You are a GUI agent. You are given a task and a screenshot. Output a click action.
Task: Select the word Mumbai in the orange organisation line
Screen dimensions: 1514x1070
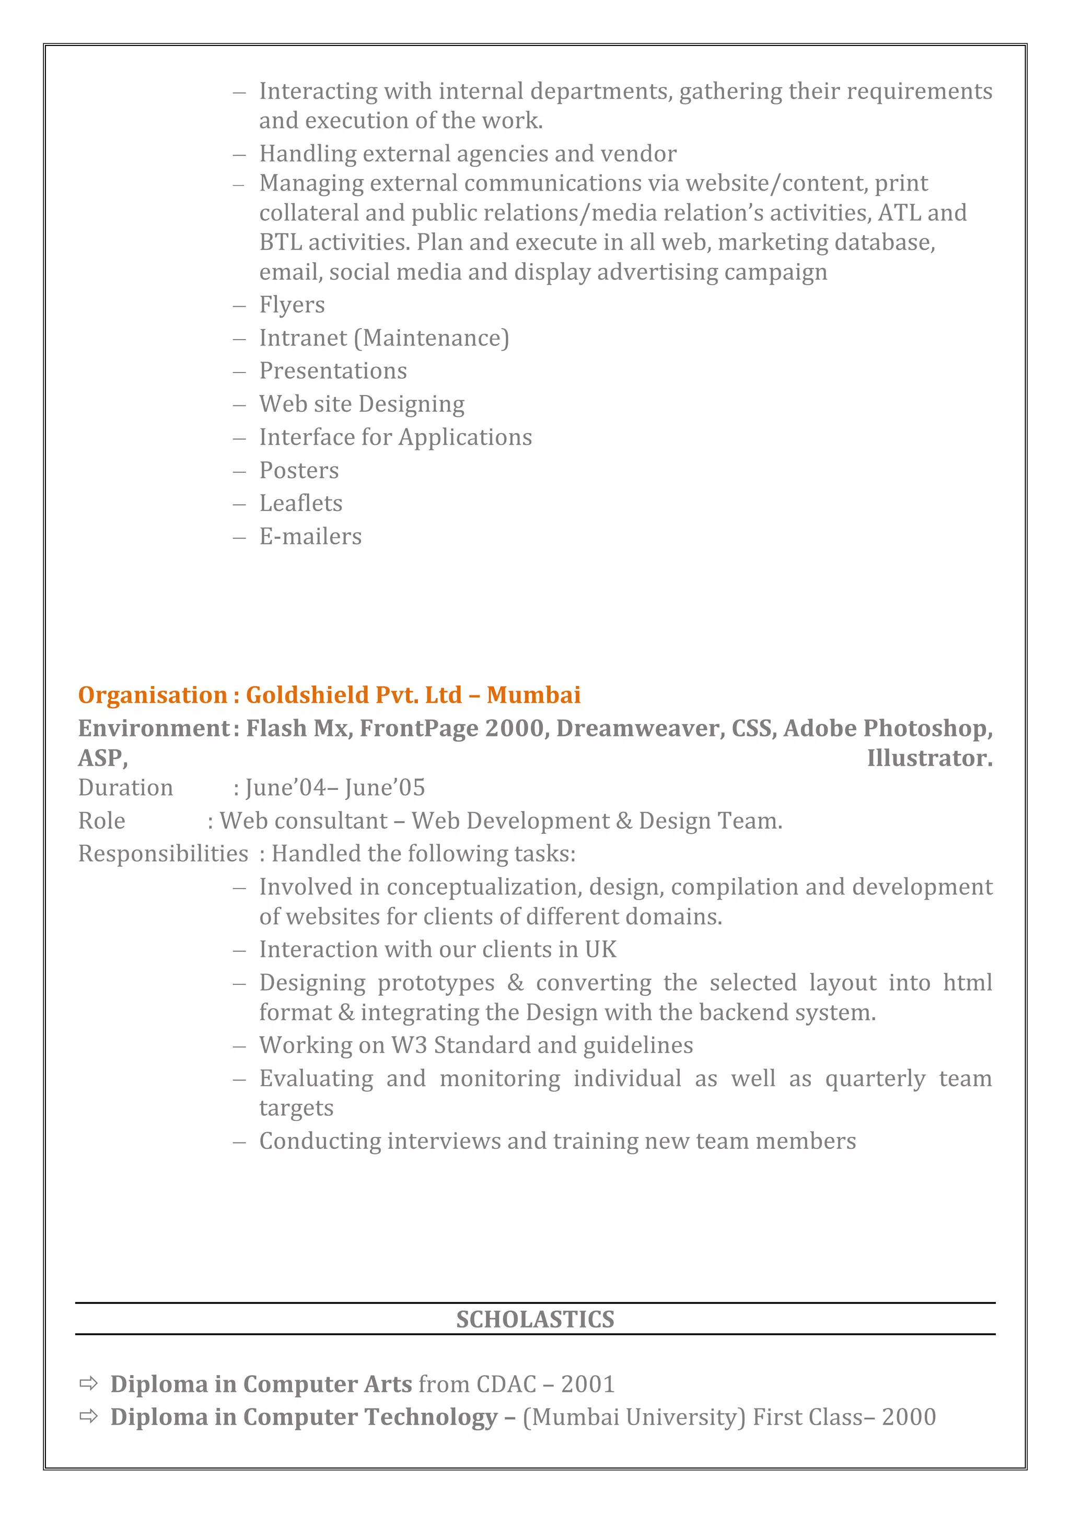pos(533,695)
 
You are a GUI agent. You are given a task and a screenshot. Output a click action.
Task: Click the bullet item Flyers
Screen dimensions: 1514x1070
pos(292,305)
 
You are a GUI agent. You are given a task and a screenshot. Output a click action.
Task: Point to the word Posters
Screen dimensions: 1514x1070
pos(299,470)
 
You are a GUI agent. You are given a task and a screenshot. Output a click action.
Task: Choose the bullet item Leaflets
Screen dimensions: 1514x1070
pos(300,503)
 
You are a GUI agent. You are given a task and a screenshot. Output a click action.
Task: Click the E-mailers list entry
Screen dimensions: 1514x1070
pos(310,536)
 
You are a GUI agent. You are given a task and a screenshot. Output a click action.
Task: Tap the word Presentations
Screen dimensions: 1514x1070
pos(333,370)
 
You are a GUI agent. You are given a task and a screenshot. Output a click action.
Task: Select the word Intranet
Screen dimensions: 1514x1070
pos(303,337)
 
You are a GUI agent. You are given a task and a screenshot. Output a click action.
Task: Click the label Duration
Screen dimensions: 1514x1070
pos(125,788)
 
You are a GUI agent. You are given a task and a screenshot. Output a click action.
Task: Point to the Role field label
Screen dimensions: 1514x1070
pos(101,821)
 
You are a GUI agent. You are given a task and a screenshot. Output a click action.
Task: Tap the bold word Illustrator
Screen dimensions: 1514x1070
pos(929,759)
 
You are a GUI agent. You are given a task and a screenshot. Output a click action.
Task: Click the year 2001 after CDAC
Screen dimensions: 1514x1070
pos(587,1384)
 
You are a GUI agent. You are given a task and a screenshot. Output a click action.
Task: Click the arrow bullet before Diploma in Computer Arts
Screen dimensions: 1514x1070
pos(88,1383)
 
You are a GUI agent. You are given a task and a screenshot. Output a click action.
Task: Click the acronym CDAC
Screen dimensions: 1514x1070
pos(506,1384)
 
